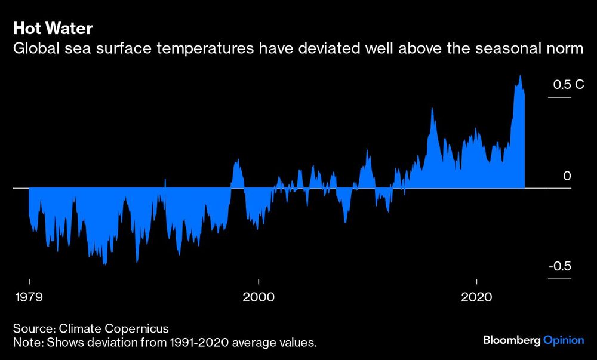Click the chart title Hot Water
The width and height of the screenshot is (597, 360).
coord(52,29)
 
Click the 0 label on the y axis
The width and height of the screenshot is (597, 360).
coord(567,176)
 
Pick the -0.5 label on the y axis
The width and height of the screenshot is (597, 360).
coord(561,266)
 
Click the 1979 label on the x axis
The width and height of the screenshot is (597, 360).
coord(29,297)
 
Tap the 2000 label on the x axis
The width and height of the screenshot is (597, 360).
coord(259,297)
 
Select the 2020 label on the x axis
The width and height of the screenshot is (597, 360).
coord(477,297)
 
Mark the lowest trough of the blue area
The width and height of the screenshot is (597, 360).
coord(105,264)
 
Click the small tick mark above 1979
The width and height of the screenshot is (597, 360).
coord(29,280)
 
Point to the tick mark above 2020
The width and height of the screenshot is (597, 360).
coord(477,280)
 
